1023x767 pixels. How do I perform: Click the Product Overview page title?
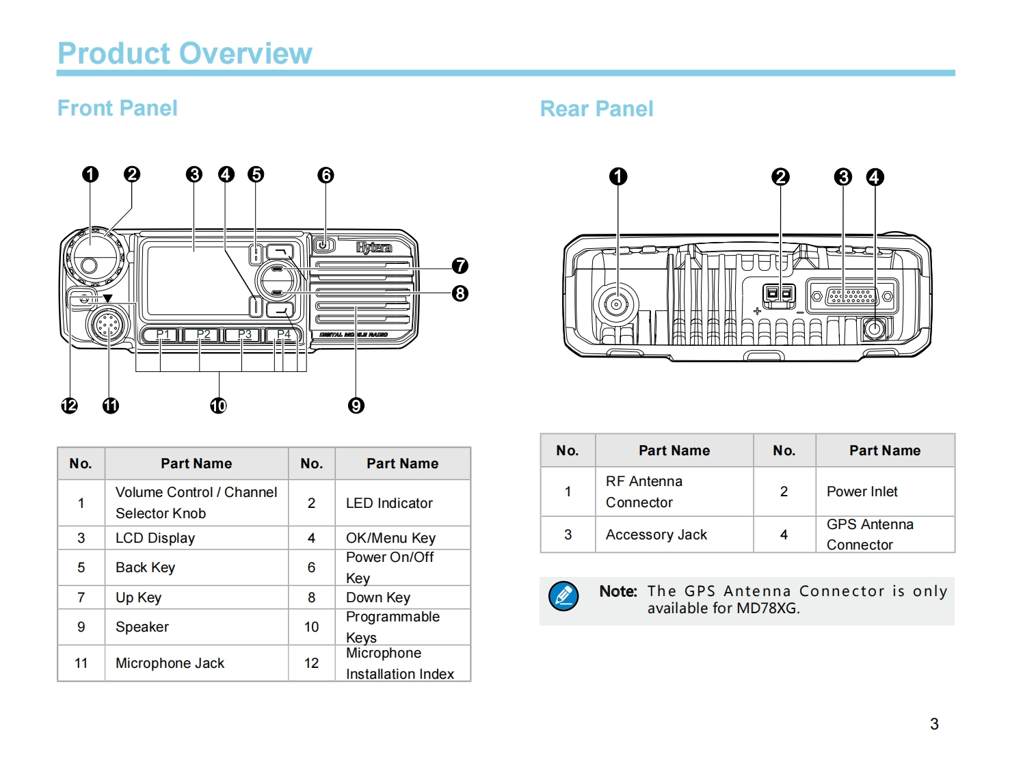click(x=185, y=53)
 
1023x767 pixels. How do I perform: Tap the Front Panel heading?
click(x=117, y=108)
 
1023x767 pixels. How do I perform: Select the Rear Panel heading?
click(x=596, y=109)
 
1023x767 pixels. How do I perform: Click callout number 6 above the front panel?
click(x=325, y=175)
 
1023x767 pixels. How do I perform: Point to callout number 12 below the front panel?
click(x=69, y=405)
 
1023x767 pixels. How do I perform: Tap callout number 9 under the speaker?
click(x=356, y=405)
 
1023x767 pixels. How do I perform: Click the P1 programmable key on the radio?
click(x=161, y=335)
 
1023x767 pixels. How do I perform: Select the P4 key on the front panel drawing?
click(x=283, y=335)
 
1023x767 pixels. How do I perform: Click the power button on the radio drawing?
click(x=323, y=244)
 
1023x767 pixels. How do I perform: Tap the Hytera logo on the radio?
click(x=373, y=247)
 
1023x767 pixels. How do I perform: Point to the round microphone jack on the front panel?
click(x=108, y=325)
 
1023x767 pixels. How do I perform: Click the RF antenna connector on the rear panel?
click(x=616, y=304)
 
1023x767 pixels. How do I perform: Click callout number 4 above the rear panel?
click(x=875, y=177)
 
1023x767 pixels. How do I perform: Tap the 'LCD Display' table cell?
click(x=155, y=538)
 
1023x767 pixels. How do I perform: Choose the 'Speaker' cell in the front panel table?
click(x=142, y=627)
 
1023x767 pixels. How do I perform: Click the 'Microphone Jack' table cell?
click(x=170, y=663)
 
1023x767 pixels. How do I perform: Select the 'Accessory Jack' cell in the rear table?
click(x=656, y=535)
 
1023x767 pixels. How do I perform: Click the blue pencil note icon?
click(x=563, y=596)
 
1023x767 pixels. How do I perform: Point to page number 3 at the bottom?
click(x=934, y=724)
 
